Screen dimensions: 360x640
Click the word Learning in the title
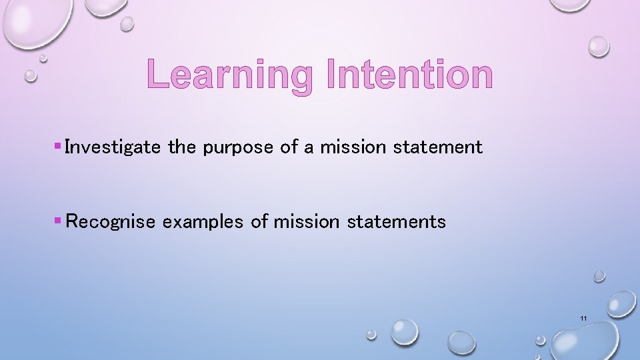[230, 75]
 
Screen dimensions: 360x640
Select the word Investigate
[113, 147]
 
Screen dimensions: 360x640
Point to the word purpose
[238, 147]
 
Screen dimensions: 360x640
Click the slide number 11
[583, 319]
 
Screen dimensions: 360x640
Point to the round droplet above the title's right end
[598, 45]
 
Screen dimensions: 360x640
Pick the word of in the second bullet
[259, 222]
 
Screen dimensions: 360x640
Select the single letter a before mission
[309, 148]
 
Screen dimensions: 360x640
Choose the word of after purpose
[289, 147]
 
